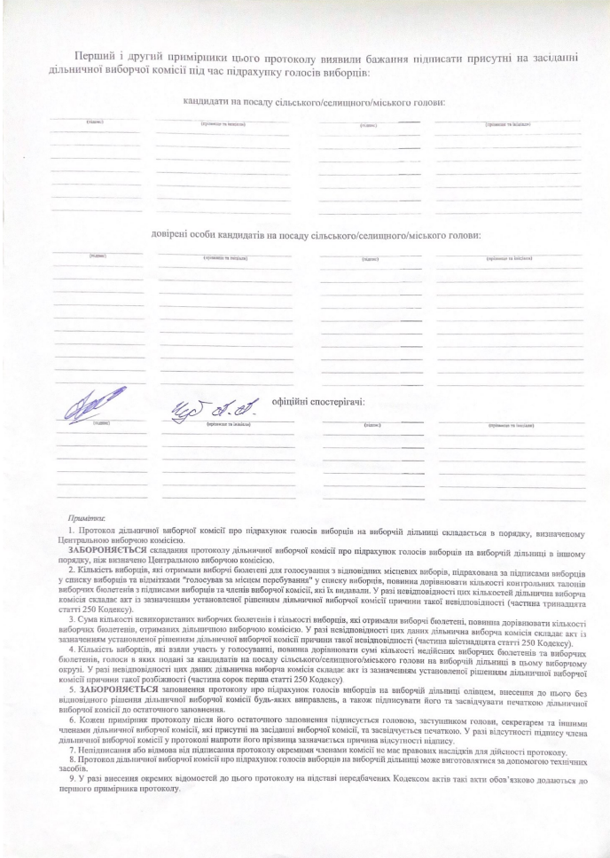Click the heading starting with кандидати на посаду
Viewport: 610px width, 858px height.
click(x=313, y=102)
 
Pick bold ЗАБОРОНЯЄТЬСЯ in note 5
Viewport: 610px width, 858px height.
click(x=119, y=688)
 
